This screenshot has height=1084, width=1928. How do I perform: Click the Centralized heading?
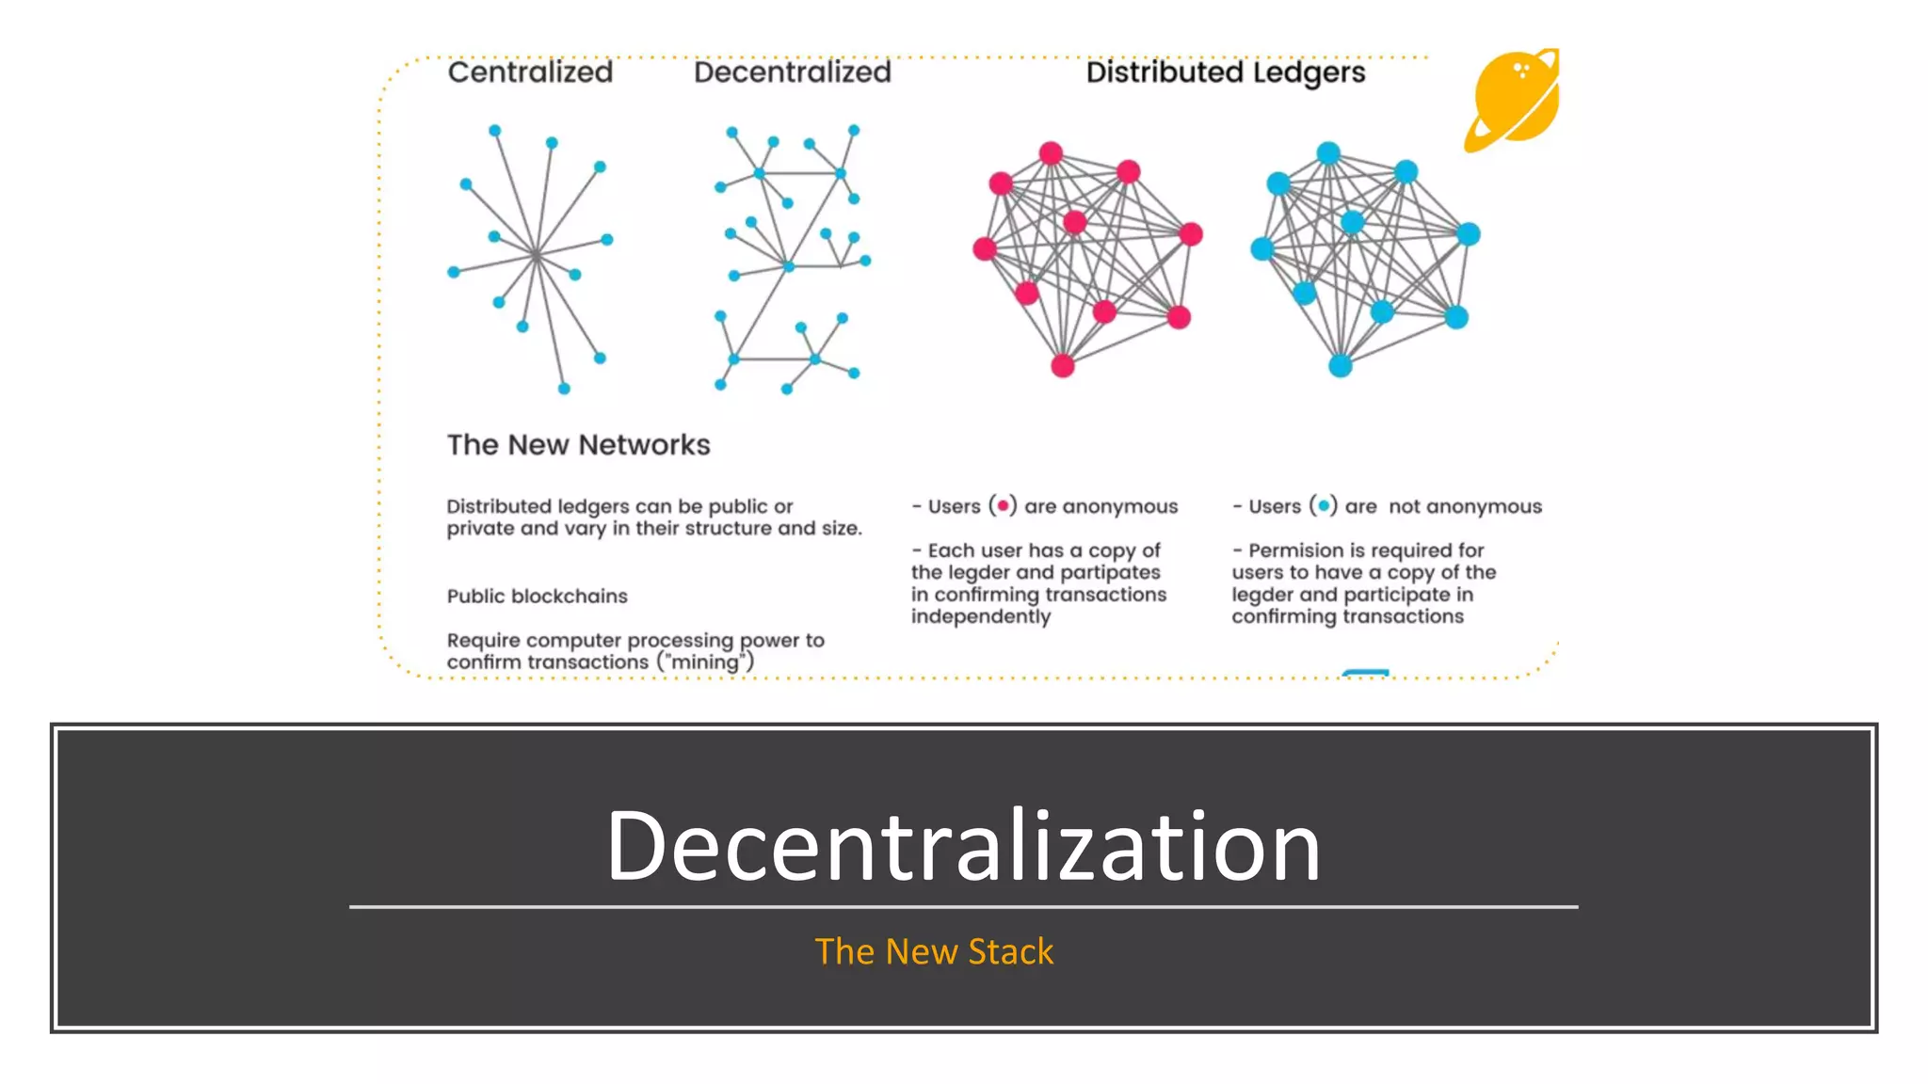[530, 72]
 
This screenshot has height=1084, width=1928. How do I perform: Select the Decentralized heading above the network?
[792, 72]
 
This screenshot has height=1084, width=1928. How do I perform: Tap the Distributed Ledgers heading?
[1225, 72]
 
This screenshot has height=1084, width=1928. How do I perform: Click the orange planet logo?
[1512, 100]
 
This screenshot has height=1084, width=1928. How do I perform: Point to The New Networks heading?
[578, 445]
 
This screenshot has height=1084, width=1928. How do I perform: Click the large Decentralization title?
[963, 845]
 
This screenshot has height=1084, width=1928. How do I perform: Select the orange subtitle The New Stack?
[934, 951]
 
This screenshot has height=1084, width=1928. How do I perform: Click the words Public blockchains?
[537, 597]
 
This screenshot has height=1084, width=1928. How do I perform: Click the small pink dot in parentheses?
[1003, 506]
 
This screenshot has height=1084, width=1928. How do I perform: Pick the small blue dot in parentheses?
[1323, 506]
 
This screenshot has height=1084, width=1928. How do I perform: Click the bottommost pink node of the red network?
[1063, 365]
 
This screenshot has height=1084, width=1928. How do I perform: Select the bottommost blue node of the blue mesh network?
[1340, 365]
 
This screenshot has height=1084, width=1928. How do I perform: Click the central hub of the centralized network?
[536, 255]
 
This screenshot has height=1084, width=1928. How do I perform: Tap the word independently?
[980, 617]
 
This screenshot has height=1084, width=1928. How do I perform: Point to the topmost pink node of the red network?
[1051, 153]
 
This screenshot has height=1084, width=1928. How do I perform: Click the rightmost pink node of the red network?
[1191, 233]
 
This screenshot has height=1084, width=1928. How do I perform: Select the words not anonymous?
[1465, 506]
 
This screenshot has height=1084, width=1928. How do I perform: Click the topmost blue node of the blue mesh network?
[1328, 153]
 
